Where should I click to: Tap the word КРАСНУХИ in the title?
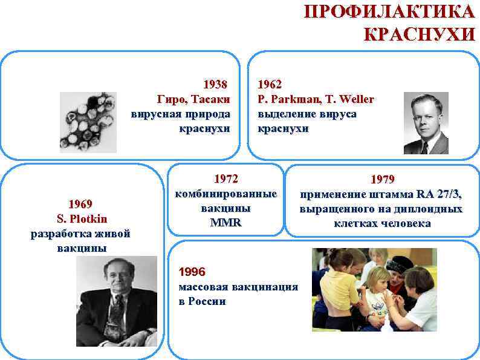coord(419,34)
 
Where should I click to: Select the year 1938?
coord(216,84)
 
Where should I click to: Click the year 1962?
coord(270,84)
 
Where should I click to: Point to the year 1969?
coord(80,203)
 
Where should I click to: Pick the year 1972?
coord(226,179)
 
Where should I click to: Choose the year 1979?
coord(381,179)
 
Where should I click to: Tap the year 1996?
coord(192,271)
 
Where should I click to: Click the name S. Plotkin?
coord(80,218)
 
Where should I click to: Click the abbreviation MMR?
coord(225,223)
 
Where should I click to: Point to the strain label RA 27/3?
coord(438,194)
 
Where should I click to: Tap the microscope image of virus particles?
coord(88,122)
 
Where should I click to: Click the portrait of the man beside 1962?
coord(426,123)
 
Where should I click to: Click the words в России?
coord(203,301)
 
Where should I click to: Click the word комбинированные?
coord(225,194)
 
